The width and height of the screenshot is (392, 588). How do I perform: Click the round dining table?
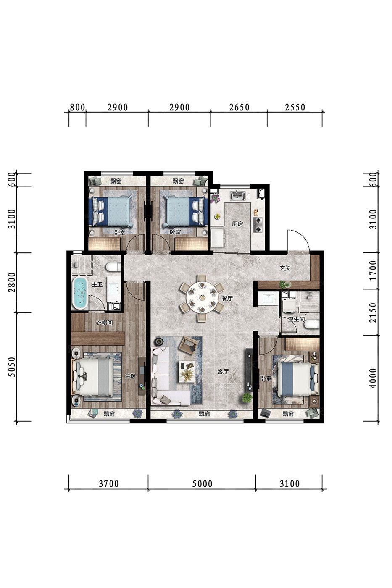point(202,297)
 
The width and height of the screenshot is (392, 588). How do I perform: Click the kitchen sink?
point(238,196)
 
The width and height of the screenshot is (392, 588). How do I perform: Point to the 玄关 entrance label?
point(284,268)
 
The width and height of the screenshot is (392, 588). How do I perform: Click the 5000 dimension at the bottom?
point(202,484)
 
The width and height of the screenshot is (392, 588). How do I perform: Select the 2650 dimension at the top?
point(239,108)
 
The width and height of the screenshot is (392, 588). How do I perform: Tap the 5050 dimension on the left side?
point(12,367)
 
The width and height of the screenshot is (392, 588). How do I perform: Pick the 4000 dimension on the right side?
point(373,378)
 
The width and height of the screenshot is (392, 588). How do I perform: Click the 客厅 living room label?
point(223,371)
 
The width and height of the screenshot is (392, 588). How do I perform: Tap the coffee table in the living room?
point(187,372)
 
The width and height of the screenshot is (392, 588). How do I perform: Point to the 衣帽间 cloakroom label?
point(104,323)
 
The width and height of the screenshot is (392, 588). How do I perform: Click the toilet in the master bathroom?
point(113,267)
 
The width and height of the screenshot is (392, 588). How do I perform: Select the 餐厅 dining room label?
point(227,299)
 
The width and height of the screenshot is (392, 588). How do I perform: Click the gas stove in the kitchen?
point(257,225)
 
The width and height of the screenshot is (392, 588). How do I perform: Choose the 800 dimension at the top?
point(77,108)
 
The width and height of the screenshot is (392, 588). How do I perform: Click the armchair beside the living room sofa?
point(188,345)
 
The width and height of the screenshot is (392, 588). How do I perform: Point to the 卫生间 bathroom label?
point(297,319)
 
